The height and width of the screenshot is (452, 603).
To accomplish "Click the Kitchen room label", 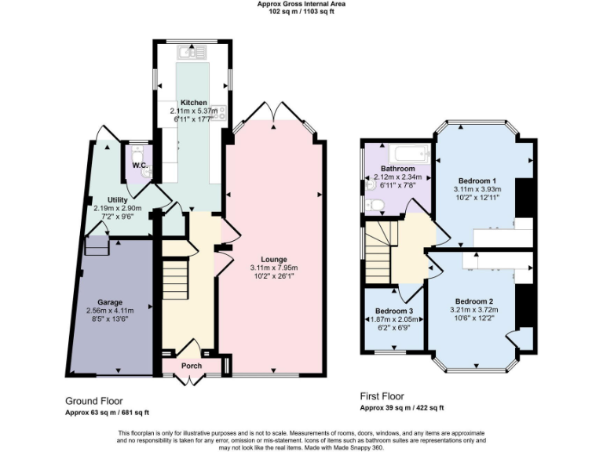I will coord(194,103).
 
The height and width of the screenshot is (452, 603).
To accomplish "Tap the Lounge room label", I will coord(274,259).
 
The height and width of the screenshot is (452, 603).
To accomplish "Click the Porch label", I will coord(192,366).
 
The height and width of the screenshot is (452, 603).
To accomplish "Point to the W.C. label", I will coord(140,166).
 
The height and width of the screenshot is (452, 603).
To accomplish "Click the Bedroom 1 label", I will coord(477,180).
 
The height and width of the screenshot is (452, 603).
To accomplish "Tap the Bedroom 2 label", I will coord(474,301).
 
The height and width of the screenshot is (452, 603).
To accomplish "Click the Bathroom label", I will coord(398,169).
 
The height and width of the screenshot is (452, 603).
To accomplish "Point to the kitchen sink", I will coord(190,53).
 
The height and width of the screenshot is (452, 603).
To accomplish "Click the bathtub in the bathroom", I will coord(407,152).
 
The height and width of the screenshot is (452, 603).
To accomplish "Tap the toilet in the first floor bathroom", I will coord(375,206).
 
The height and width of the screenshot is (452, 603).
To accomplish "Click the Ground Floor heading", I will coord(94,400).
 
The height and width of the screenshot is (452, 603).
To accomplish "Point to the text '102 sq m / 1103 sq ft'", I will coord(301,11).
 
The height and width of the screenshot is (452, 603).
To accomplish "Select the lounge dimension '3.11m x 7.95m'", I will coord(274,268).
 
